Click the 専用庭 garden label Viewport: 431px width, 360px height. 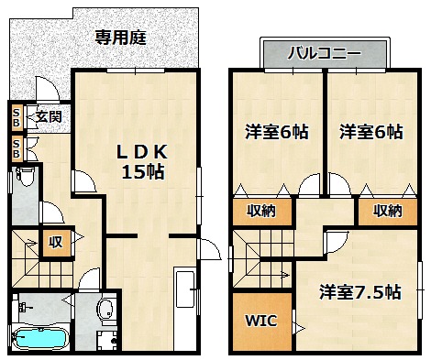click(x=120, y=38)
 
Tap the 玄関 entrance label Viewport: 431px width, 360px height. click(x=49, y=116)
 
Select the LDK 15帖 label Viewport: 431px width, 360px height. click(x=143, y=161)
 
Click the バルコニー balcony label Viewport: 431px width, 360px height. click(x=325, y=53)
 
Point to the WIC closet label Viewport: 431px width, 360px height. click(x=261, y=321)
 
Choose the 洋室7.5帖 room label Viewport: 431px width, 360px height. click(x=360, y=292)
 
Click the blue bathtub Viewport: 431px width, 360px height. click(x=39, y=338)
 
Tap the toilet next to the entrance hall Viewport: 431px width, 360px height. click(x=25, y=177)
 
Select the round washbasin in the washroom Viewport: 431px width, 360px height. click(x=105, y=309)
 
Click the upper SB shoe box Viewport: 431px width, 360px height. click(x=17, y=117)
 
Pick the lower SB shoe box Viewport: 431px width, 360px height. click(x=17, y=148)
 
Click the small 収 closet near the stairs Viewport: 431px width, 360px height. click(x=57, y=243)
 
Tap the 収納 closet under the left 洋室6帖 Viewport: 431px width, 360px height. click(x=261, y=212)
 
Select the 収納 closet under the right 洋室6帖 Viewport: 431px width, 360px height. click(x=388, y=212)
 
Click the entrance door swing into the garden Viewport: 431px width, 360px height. click(x=47, y=88)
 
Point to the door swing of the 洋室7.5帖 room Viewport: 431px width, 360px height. click(x=337, y=242)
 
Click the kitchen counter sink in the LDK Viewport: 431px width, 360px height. click(x=185, y=289)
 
